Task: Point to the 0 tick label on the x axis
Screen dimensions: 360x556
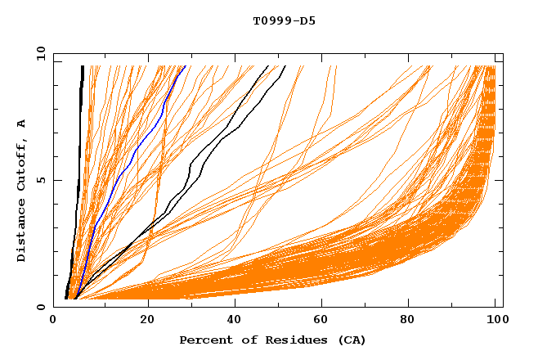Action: (x=53, y=321)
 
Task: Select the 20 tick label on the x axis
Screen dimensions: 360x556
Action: (x=147, y=321)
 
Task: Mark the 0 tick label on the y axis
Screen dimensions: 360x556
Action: (x=40, y=307)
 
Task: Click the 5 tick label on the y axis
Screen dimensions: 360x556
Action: (x=40, y=180)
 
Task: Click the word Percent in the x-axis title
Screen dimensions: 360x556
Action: (x=204, y=340)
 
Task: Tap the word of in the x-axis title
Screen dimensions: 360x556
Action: (x=243, y=340)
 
